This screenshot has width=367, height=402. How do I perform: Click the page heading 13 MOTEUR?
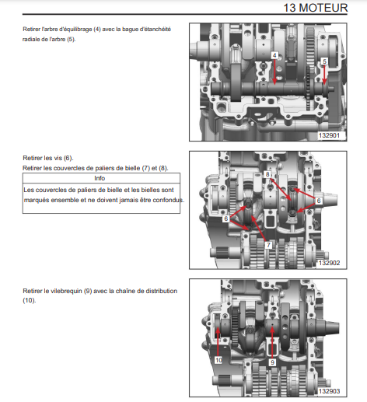pos(315,8)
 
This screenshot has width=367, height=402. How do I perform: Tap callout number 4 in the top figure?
pos(274,55)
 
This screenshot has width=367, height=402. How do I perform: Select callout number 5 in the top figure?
pos(324,61)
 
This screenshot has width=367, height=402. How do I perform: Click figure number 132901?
pos(329,135)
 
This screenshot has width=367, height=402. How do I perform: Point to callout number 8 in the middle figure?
pos(267,174)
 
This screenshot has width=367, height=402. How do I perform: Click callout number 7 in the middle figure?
pos(268,245)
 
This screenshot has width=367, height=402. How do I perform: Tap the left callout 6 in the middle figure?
pos(226,218)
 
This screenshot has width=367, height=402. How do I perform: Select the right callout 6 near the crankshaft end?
pos(319,201)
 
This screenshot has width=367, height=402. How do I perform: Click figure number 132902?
pos(329,263)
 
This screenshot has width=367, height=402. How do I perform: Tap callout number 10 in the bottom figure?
pos(218,360)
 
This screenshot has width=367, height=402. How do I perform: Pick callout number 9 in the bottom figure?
pos(272,362)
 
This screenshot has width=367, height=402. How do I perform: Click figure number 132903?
pos(329,391)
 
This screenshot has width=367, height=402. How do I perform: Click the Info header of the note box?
pos(100,178)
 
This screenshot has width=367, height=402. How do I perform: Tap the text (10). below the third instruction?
pos(30,300)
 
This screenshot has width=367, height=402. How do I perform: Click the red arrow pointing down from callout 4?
pos(274,72)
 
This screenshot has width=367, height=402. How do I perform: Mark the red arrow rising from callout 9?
pos(272,343)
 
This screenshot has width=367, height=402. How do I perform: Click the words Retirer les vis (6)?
pos(48,158)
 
